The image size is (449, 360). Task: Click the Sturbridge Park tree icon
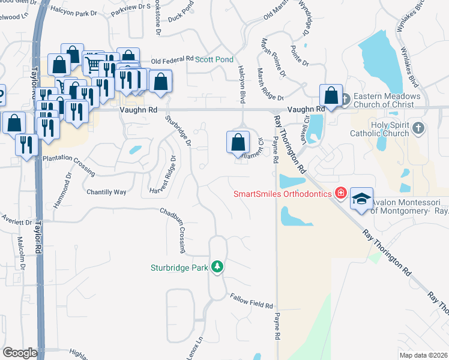pos(217,267)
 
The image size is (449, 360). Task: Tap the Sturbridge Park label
pos(179,268)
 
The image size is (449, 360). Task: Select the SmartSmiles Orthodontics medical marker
pos(341,193)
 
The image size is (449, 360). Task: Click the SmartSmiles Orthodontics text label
pos(283,194)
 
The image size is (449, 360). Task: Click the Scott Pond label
pos(213,59)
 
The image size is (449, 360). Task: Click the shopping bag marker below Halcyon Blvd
pos(238,143)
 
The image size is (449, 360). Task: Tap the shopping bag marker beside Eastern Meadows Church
pos(331,95)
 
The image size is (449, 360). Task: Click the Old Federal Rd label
pos(172,60)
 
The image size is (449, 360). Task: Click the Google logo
pos(20,353)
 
